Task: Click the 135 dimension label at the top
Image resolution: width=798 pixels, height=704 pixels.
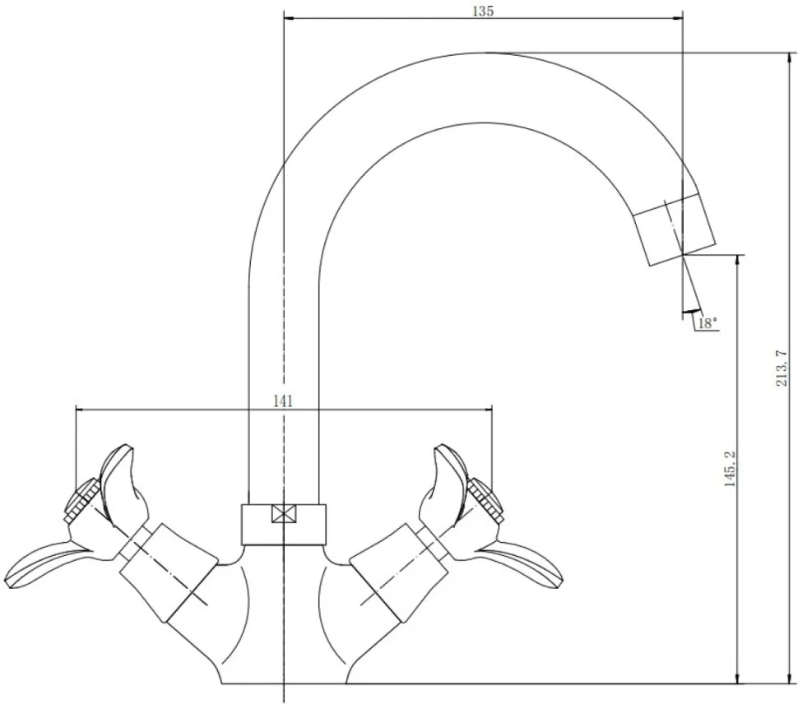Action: click(x=483, y=11)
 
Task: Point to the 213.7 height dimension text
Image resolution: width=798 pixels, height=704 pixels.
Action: click(x=782, y=368)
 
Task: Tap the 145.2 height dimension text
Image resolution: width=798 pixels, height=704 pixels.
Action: click(x=731, y=469)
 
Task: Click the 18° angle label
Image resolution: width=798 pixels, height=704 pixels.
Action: click(x=708, y=322)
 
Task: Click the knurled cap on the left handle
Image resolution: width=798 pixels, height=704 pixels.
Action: click(x=81, y=500)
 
